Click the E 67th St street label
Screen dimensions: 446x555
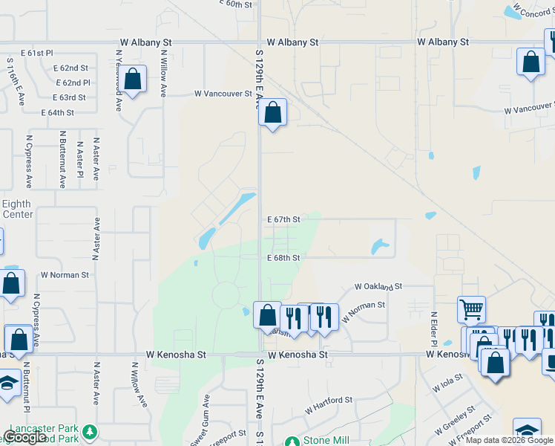tap(283, 219)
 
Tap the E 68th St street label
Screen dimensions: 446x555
tap(283, 258)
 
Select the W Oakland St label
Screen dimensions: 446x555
tap(378, 286)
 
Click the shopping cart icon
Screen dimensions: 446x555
tap(472, 308)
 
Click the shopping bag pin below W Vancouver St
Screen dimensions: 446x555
tap(273, 114)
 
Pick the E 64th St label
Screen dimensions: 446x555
tap(58, 112)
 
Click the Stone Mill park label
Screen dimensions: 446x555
tap(326, 440)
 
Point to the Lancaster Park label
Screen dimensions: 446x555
tap(42, 430)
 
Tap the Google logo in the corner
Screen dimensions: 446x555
tap(24, 437)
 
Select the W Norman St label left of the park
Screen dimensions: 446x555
tap(65, 274)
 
